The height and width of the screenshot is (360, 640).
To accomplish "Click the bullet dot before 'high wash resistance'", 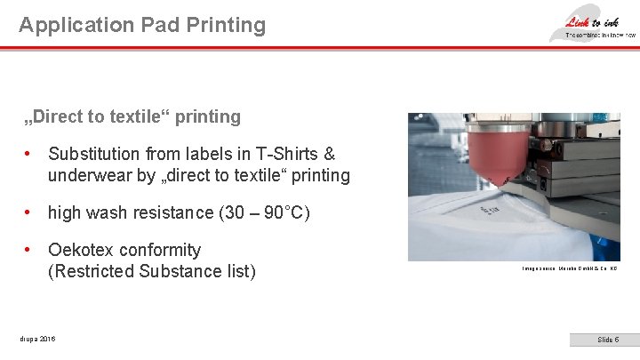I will coord(29,212).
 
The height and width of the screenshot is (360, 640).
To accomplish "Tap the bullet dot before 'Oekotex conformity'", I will coord(29,250).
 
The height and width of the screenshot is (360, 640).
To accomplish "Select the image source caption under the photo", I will coord(568,268).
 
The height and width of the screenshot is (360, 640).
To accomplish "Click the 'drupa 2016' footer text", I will coord(36,340).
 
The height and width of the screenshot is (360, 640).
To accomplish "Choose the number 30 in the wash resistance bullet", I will coord(230,212).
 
